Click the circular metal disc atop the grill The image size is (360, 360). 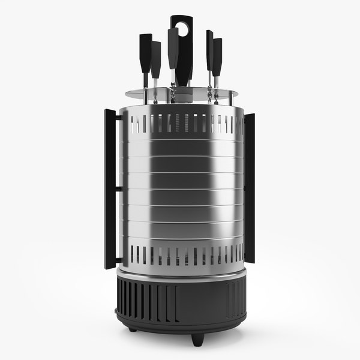(x=181, y=93)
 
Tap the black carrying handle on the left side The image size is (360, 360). (x=110, y=189)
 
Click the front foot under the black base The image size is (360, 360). (x=196, y=338)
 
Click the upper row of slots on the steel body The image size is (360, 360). (x=180, y=123)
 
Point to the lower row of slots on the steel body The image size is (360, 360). (x=180, y=256)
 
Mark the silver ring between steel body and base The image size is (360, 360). (x=180, y=274)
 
